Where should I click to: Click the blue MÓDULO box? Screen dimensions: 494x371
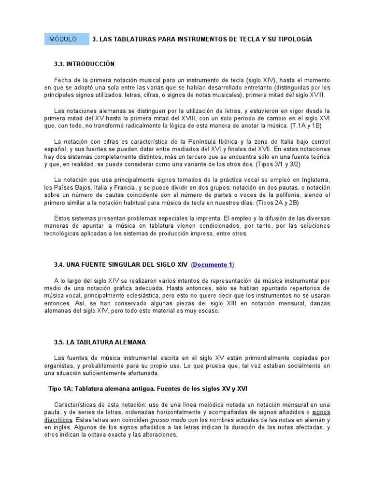[67, 39]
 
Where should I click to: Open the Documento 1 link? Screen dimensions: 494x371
[213, 264]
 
